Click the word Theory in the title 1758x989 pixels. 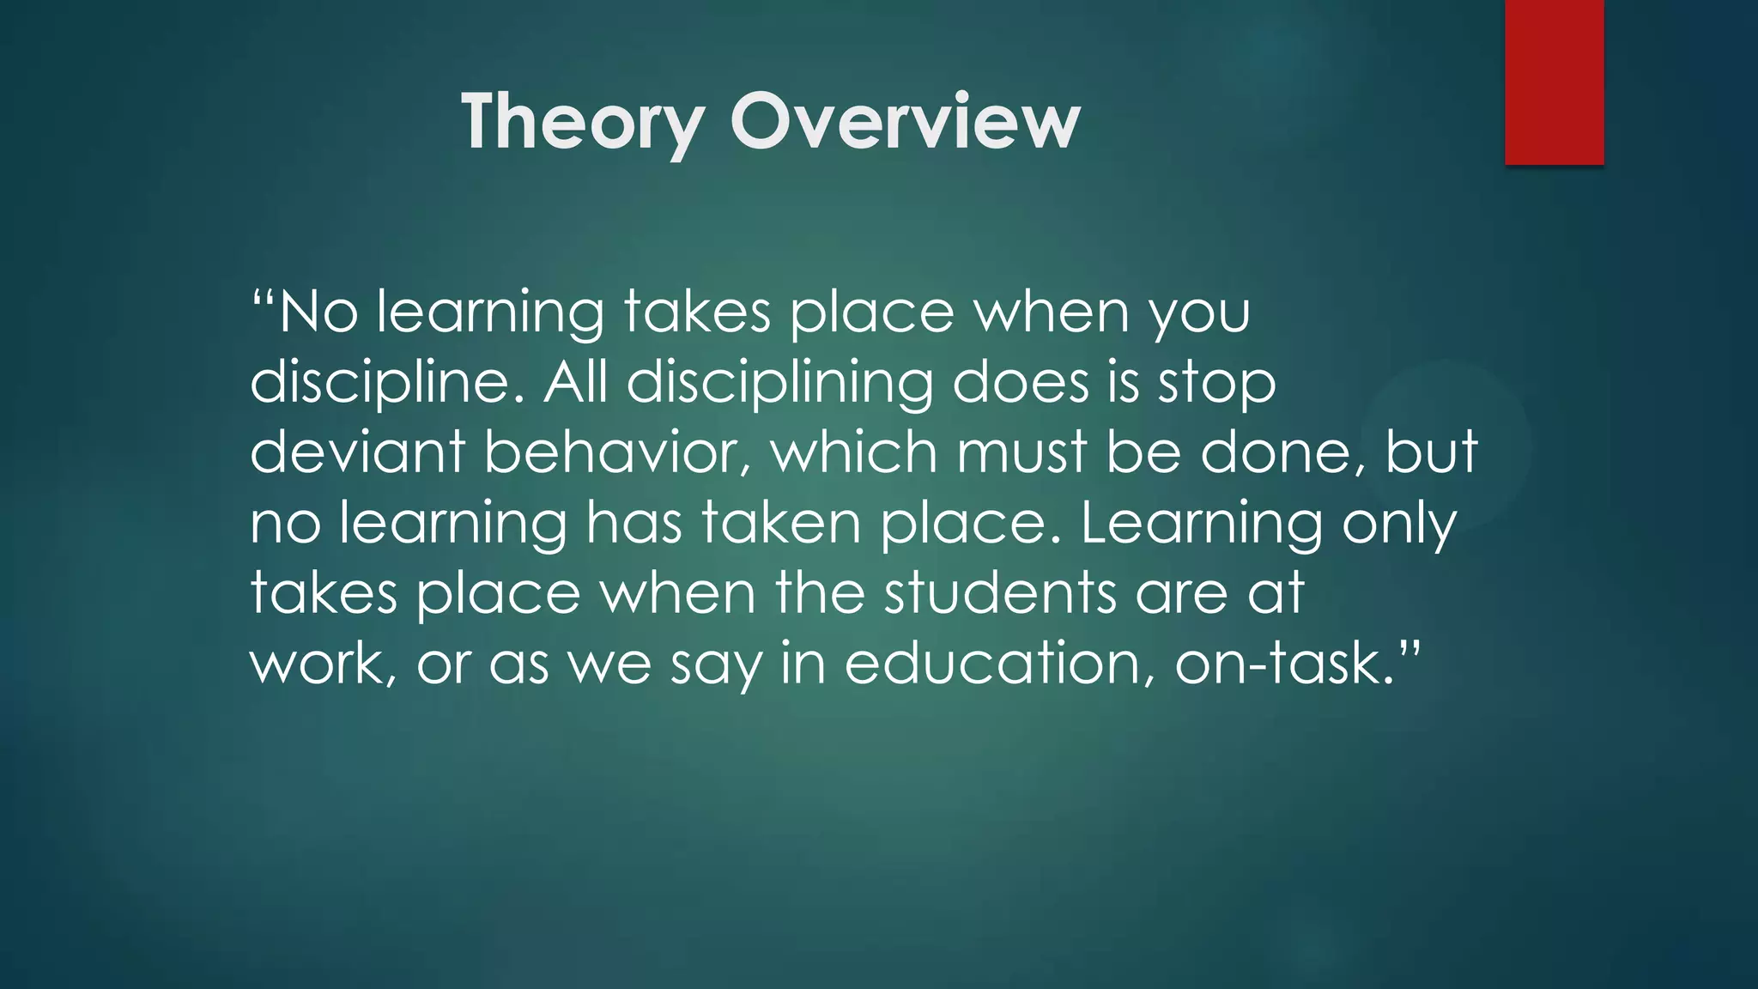[583, 122]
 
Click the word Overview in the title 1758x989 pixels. [905, 122]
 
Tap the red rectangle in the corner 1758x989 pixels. [1554, 82]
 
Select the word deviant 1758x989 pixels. [357, 452]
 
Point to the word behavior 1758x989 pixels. [617, 452]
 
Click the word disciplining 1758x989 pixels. [779, 383]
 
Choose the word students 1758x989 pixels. [1001, 592]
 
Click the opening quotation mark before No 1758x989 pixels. [263, 300]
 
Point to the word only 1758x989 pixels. [1399, 524]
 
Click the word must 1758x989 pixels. [1022, 452]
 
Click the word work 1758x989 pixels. [319, 663]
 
